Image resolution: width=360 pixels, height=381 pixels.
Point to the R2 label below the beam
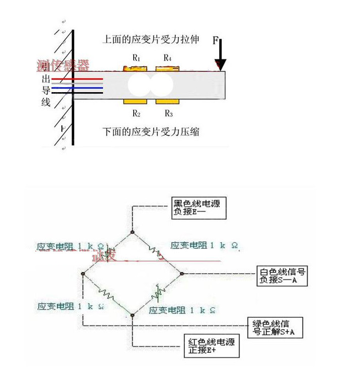coord(137,113)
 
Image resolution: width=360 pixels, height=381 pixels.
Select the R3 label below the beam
coord(169,113)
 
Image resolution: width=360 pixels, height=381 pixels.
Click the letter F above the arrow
coord(215,40)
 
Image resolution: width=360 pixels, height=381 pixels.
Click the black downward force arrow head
coord(220,65)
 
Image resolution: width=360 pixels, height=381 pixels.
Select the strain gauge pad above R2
coord(134,102)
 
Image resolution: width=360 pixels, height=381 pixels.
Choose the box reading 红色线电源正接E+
coord(211,346)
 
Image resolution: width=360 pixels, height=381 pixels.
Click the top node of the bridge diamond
coord(133,231)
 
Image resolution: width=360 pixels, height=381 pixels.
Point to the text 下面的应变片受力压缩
coord(151,132)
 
